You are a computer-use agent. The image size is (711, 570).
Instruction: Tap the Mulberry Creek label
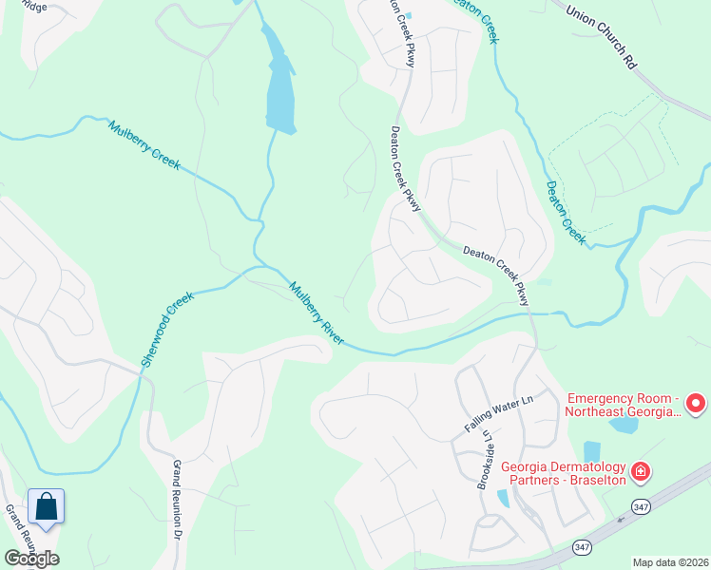pyautogui.click(x=144, y=144)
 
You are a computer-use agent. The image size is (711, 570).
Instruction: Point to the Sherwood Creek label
pyautogui.click(x=167, y=329)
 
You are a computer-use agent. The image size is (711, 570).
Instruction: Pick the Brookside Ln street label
pyautogui.click(x=486, y=460)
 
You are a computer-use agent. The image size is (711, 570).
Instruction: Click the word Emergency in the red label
pyautogui.click(x=598, y=397)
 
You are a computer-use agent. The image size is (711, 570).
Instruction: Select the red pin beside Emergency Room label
pyautogui.click(x=696, y=404)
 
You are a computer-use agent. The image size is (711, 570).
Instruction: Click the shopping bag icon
pyautogui.click(x=46, y=507)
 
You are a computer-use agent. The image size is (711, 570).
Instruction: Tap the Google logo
pyautogui.click(x=30, y=558)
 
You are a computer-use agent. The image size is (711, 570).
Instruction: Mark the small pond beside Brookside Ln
pyautogui.click(x=503, y=497)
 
